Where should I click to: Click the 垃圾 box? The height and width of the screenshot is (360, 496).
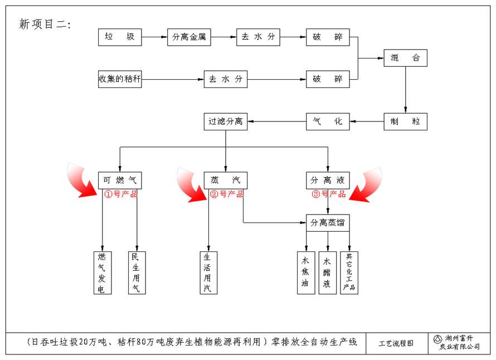[x=120, y=37]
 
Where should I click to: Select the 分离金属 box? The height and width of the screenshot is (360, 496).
[x=189, y=37]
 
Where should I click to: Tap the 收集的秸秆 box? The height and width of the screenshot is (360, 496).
[x=120, y=79]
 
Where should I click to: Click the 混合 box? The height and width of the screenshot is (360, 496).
[x=406, y=58]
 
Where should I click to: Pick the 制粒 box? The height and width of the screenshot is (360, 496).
[x=406, y=121]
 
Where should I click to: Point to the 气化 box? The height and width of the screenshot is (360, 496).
[x=328, y=121]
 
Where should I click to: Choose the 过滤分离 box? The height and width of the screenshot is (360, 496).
[x=226, y=121]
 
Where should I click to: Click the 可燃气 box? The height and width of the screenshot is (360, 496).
[x=120, y=180]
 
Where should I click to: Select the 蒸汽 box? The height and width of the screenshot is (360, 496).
[x=226, y=180]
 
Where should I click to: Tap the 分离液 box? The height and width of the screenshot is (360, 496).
[x=328, y=180]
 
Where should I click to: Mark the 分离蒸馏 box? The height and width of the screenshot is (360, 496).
[x=328, y=222]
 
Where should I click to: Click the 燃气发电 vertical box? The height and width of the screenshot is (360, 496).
[x=102, y=273]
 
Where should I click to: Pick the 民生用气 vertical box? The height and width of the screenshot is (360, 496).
[x=137, y=273]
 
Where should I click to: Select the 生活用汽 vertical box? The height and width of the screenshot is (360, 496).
[x=208, y=273]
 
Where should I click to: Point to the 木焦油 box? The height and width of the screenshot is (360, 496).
[x=305, y=273]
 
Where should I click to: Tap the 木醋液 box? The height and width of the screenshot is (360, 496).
[x=327, y=273]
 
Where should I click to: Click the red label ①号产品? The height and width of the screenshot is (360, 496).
[x=120, y=194]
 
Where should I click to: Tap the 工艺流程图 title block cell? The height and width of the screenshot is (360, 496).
[x=396, y=344]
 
